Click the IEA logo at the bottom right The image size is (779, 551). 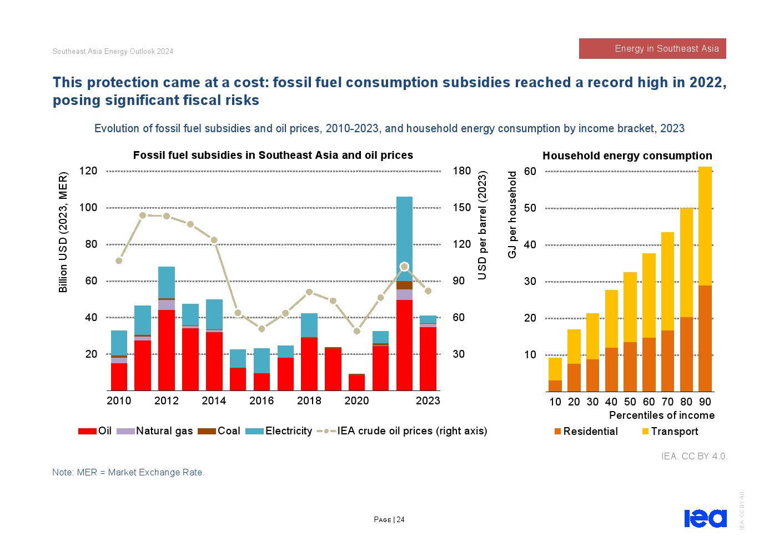tap(705, 518)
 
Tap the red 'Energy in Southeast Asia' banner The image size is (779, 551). tap(652, 48)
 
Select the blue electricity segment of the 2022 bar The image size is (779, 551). tap(404, 239)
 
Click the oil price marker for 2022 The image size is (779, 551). tap(404, 267)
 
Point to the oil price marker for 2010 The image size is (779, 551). tap(119, 261)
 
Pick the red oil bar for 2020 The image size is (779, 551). tap(357, 383)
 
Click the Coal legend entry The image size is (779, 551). tap(219, 431)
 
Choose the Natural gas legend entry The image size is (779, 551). tap(155, 431)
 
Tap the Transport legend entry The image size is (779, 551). tap(670, 432)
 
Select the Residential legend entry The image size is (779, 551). tap(586, 432)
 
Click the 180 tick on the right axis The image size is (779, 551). tap(461, 171)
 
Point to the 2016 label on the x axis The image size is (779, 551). tap(262, 400)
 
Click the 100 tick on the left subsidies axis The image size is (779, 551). tap(88, 208)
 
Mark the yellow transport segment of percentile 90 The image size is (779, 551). tap(705, 226)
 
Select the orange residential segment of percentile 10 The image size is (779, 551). tap(555, 386)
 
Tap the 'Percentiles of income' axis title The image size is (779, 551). tap(662, 415)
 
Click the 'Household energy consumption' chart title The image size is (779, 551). tap(627, 156)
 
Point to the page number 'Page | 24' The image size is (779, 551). tap(389, 520)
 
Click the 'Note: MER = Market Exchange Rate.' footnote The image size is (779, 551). tap(128, 472)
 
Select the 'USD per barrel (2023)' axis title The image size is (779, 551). tap(482, 226)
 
